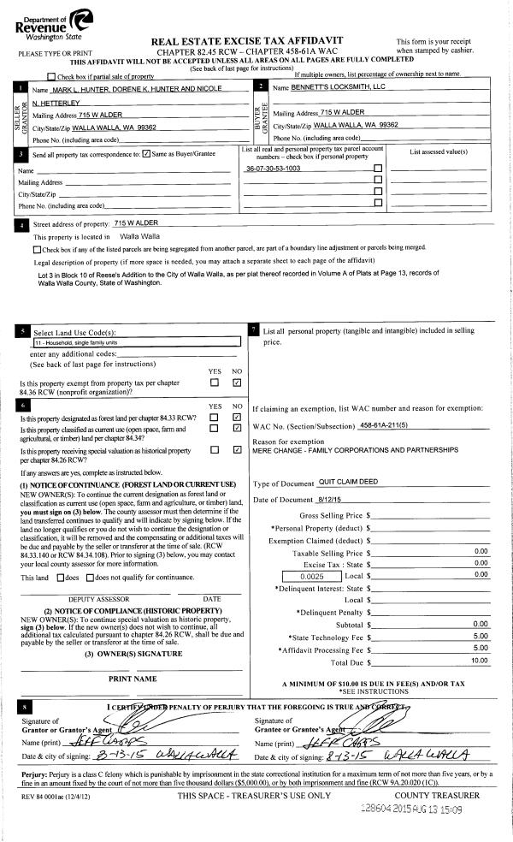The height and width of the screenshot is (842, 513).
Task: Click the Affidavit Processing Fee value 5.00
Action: (481, 648)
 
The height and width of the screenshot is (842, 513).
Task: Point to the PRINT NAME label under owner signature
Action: (132, 679)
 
